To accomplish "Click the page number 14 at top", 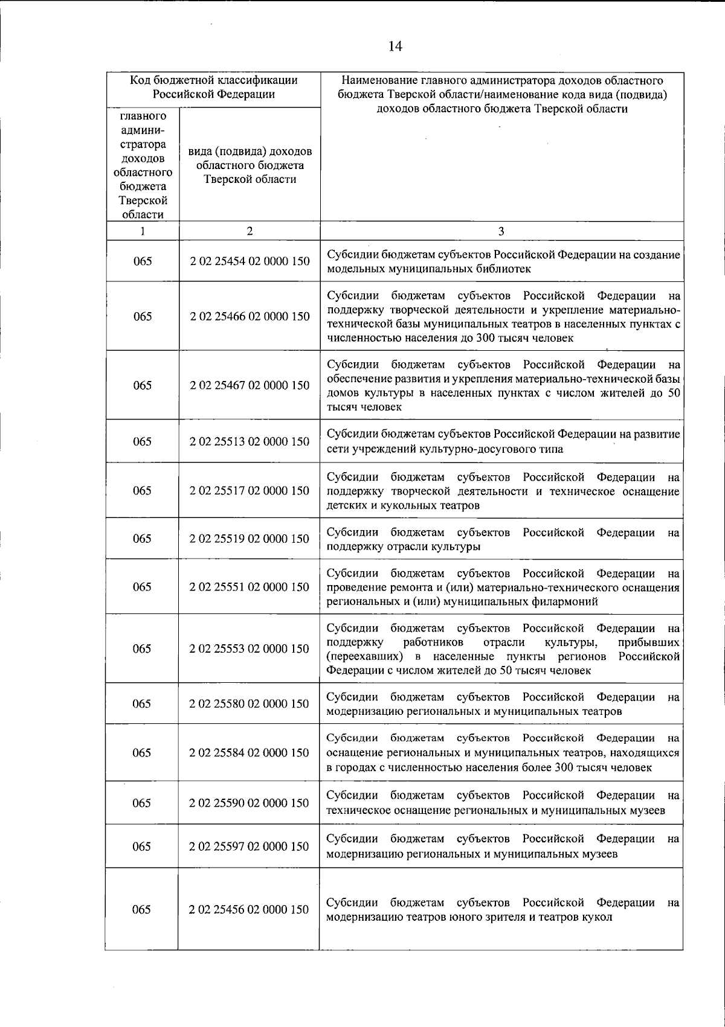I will (395, 46).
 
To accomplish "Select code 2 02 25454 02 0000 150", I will (250, 261).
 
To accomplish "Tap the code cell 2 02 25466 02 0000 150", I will (250, 316).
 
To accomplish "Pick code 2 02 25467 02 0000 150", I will (250, 385).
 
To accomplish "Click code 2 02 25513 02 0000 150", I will (250, 441).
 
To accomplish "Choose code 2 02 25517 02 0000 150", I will (250, 490).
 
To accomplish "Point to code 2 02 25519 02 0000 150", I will (250, 539).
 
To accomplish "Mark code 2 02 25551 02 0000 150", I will (250, 587).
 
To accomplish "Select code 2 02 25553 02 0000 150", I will (249, 648).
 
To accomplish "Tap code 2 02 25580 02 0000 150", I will (249, 703).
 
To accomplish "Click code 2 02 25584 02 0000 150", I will (249, 752).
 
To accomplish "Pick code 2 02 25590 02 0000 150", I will (249, 803).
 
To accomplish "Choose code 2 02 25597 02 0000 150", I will (249, 846).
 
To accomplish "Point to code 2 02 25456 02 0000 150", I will (249, 909).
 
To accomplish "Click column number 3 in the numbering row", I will (501, 231).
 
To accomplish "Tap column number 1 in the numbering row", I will (142, 231).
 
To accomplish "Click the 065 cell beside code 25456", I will (141, 909).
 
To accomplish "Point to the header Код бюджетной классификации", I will (214, 80).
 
